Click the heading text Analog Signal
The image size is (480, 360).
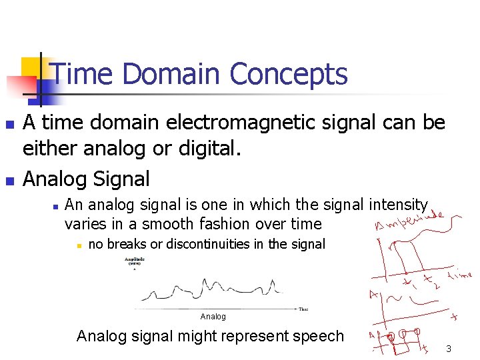[86, 179]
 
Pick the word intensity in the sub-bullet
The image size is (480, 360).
[398, 205]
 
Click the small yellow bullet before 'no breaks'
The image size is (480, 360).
[78, 245]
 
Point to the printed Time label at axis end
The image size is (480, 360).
[303, 309]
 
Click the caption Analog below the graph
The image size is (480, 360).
[213, 317]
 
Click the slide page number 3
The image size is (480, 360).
[449, 349]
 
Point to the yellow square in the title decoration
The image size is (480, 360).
[31, 67]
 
